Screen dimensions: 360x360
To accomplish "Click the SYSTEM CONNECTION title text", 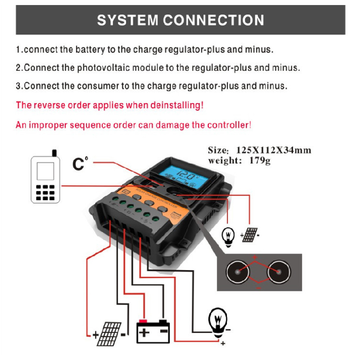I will [x=180, y=20].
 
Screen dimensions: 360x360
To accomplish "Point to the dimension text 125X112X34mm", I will [x=274, y=150].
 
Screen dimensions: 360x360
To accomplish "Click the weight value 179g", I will [x=260, y=160].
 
